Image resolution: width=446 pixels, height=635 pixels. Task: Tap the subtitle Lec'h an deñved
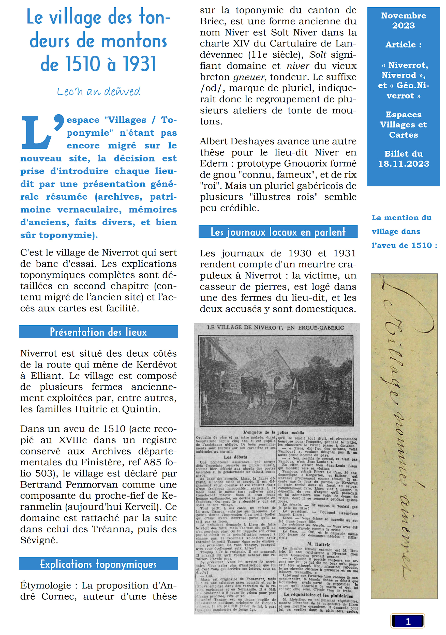point(98,91)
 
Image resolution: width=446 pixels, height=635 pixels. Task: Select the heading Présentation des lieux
point(98,332)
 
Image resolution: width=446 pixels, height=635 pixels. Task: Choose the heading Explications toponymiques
point(98,563)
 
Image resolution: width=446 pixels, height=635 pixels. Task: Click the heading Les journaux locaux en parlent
point(278,232)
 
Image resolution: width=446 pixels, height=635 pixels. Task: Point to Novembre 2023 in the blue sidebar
point(403,21)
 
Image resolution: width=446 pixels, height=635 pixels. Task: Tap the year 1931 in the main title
point(140,64)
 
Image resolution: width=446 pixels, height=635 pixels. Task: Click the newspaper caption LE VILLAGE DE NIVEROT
point(275,327)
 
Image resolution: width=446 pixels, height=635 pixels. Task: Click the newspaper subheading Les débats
point(235,457)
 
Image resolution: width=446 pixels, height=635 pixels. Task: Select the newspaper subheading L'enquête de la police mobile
point(273,432)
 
